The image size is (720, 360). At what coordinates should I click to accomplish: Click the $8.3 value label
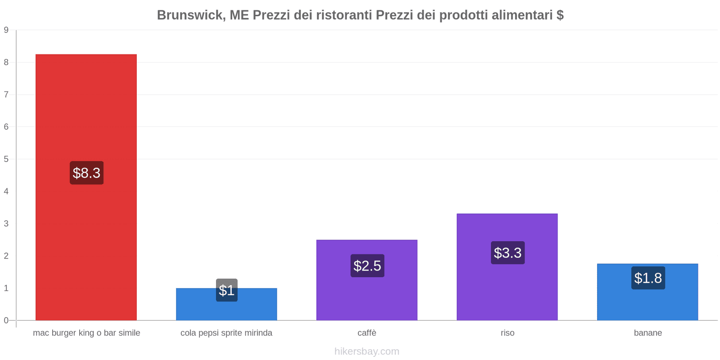click(x=86, y=173)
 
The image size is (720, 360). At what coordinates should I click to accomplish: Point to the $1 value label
click(x=226, y=290)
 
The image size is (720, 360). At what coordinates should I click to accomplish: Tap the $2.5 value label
click(x=367, y=266)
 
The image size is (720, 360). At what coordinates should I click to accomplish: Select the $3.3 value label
click(x=508, y=253)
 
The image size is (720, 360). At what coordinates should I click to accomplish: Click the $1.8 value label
click(x=648, y=278)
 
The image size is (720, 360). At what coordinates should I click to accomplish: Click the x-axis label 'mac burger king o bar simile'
click(x=86, y=333)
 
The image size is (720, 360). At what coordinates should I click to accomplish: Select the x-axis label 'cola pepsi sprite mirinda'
click(x=226, y=333)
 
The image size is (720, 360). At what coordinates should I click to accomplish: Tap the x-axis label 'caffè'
click(x=367, y=333)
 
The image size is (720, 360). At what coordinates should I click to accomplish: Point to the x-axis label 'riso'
click(x=508, y=333)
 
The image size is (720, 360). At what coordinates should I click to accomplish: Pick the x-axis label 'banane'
click(x=648, y=333)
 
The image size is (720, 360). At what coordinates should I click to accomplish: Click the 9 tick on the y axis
click(x=6, y=30)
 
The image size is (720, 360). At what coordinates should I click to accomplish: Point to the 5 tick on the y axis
click(x=6, y=159)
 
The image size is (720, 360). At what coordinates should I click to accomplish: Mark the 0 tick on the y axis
click(x=6, y=320)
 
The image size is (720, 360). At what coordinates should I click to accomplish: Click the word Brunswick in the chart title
click(x=191, y=15)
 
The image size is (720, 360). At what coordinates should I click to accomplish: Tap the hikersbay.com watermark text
click(x=367, y=351)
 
